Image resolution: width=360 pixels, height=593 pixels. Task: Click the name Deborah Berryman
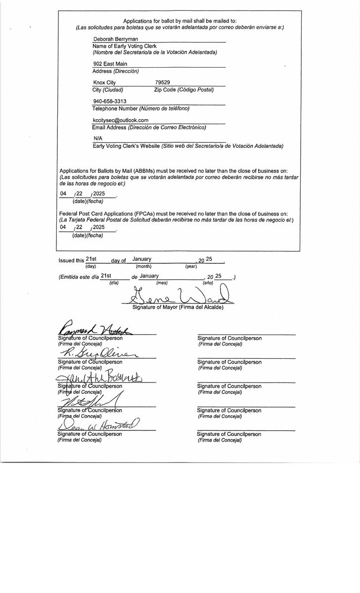pos(115,39)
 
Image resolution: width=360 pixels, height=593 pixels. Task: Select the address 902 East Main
pos(110,64)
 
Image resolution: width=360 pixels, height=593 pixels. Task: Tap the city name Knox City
pos(104,83)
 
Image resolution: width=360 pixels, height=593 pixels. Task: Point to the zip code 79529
pos(163,83)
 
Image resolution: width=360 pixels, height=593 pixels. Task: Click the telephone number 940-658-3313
pos(109,101)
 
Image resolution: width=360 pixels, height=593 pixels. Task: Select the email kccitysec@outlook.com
pos(120,120)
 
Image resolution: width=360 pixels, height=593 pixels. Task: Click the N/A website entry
pos(97,138)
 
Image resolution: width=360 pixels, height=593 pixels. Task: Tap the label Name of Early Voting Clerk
pos(124,46)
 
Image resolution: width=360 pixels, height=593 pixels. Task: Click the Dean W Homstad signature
pos(99,424)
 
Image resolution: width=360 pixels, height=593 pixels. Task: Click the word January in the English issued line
pos(142,259)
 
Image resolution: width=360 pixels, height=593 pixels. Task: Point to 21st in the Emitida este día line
pos(106,276)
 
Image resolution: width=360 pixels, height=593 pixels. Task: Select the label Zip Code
pos(165,89)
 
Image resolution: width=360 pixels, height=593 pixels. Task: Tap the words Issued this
pos(71,260)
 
